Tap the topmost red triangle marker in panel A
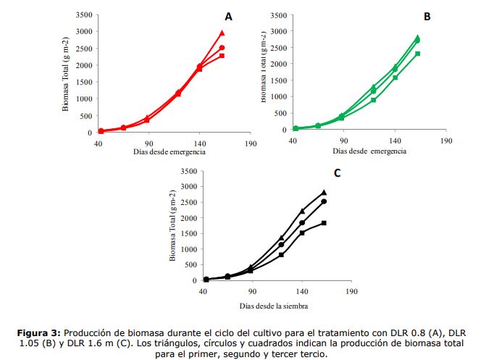click(222, 33)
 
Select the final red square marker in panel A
click(222, 56)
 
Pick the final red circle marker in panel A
click(222, 48)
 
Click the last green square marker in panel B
click(418, 54)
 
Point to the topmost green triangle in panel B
click(418, 38)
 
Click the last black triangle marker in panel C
click(324, 193)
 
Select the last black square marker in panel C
click(324, 223)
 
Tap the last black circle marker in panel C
click(324, 201)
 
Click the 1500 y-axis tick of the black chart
click(188, 233)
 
